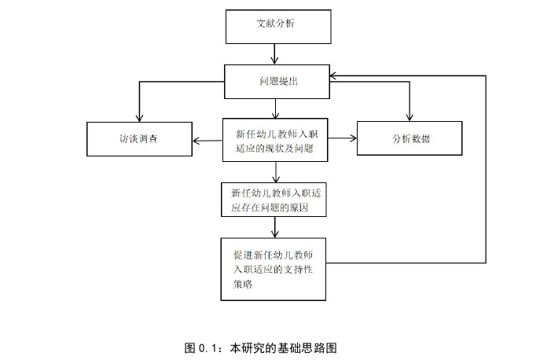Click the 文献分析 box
275,26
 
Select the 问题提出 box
275,82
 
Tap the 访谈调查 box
139,139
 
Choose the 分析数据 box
409,139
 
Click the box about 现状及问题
275,139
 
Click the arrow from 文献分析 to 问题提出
275,53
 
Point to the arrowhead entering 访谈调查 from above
139,117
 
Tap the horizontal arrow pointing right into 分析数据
342,139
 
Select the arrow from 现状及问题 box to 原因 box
275,171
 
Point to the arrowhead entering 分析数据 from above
409,117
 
